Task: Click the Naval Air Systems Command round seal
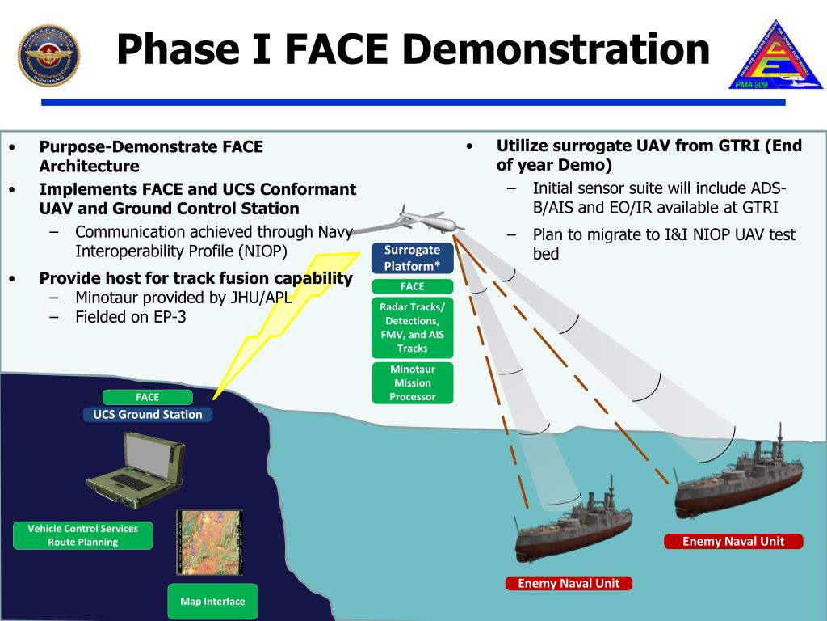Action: click(x=48, y=56)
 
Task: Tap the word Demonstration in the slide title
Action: click(x=555, y=49)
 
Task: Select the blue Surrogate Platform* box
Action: click(x=412, y=258)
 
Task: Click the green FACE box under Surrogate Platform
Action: click(x=412, y=286)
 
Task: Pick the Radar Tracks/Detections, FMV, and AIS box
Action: click(x=412, y=327)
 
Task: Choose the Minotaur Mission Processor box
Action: click(x=412, y=383)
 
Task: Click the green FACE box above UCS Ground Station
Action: click(x=147, y=397)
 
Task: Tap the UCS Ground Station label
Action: click(x=148, y=414)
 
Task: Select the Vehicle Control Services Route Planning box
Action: click(x=83, y=535)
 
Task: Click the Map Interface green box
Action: click(x=212, y=602)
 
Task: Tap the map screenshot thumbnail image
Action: click(x=210, y=542)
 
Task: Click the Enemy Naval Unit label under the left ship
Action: click(x=569, y=583)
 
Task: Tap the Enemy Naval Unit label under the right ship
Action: click(x=733, y=541)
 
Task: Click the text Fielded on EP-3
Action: click(x=131, y=317)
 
